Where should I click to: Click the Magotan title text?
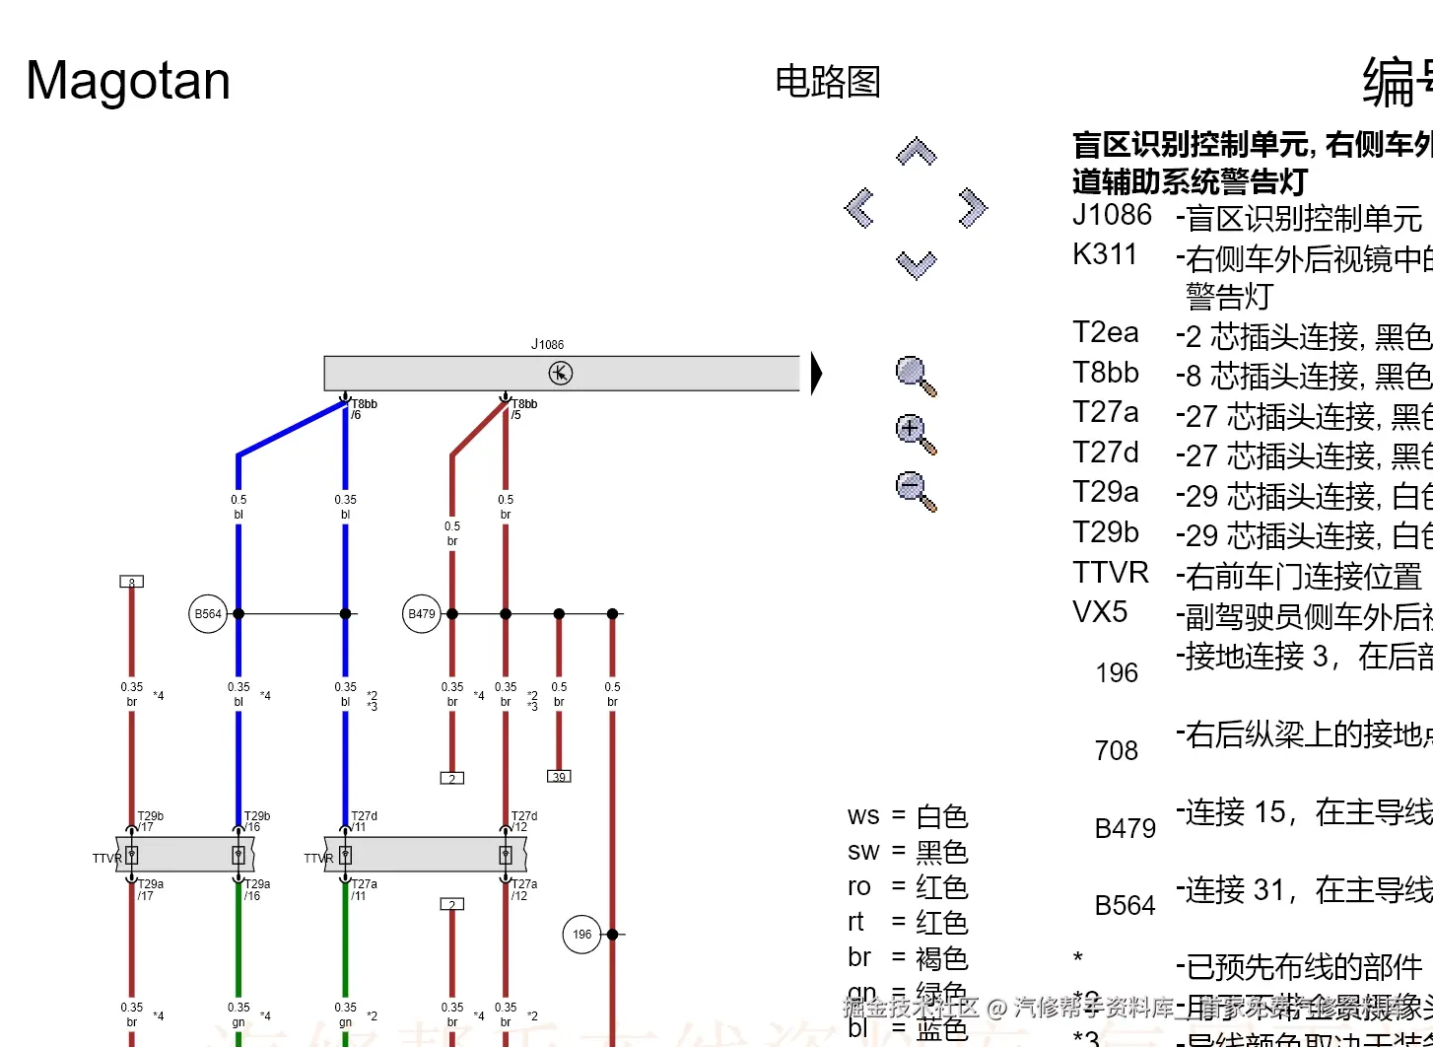tap(128, 81)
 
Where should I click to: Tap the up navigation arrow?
tap(916, 152)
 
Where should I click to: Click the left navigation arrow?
tap(859, 208)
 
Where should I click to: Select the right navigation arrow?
tap(972, 208)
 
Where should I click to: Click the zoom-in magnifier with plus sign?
tap(915, 433)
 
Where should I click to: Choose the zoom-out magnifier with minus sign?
tap(915, 490)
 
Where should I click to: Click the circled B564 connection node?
tap(208, 614)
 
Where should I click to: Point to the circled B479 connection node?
tap(422, 614)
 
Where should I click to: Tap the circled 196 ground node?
tap(582, 935)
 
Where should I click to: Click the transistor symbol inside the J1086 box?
tap(560, 374)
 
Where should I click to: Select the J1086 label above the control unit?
tap(548, 344)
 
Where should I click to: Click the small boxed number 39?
tap(559, 777)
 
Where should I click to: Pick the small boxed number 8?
tap(131, 582)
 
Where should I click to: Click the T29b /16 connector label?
tap(256, 821)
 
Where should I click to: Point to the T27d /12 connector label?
tap(523, 821)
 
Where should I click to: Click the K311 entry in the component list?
tap(1105, 254)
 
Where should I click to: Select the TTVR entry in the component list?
tap(1111, 573)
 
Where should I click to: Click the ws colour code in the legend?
tap(863, 816)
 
